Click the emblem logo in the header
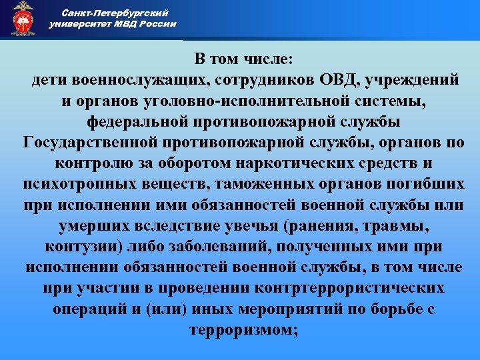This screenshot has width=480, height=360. pos(23,19)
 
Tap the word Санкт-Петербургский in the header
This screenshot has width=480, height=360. pos(115,13)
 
